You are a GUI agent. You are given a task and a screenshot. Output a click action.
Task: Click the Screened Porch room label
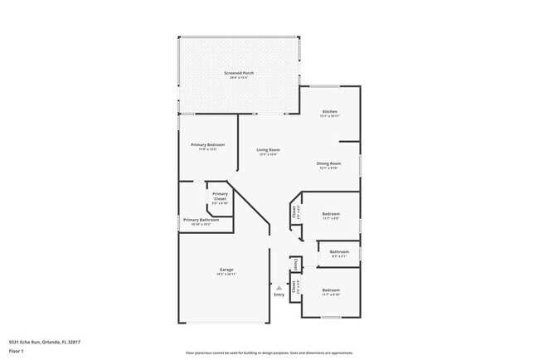tap(239, 73)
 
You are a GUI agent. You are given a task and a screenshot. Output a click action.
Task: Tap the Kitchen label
tap(329, 112)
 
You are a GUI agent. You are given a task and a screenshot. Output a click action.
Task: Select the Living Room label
tap(267, 149)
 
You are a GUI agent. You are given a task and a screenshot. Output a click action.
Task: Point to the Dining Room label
tap(329, 163)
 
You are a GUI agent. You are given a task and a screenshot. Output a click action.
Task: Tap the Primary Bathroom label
tap(202, 220)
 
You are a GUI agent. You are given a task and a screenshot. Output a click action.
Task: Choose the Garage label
tap(226, 269)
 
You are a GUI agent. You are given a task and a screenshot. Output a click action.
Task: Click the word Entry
tap(279, 294)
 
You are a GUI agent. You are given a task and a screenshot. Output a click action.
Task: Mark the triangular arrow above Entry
tap(279, 287)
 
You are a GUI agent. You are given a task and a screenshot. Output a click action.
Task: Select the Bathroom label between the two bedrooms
tap(338, 251)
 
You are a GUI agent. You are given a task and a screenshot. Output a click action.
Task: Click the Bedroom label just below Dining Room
tap(331, 214)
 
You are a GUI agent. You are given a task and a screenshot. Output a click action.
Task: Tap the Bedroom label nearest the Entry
tap(331, 291)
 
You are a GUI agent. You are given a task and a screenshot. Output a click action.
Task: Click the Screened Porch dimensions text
tap(239, 77)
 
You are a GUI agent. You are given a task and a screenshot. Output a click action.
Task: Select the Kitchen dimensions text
tap(329, 116)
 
